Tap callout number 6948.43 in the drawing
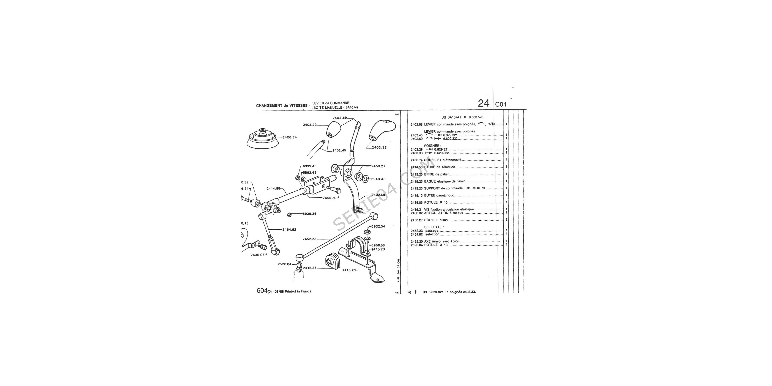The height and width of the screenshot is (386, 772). (x=378, y=179)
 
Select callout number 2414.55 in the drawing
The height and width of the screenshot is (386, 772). (x=63, y=189)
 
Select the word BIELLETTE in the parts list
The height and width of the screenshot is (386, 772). (x=433, y=227)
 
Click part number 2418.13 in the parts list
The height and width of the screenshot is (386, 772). (x=416, y=195)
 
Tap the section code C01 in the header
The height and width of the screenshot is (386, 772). (x=501, y=105)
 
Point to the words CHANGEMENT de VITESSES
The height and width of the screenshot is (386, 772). (x=282, y=106)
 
